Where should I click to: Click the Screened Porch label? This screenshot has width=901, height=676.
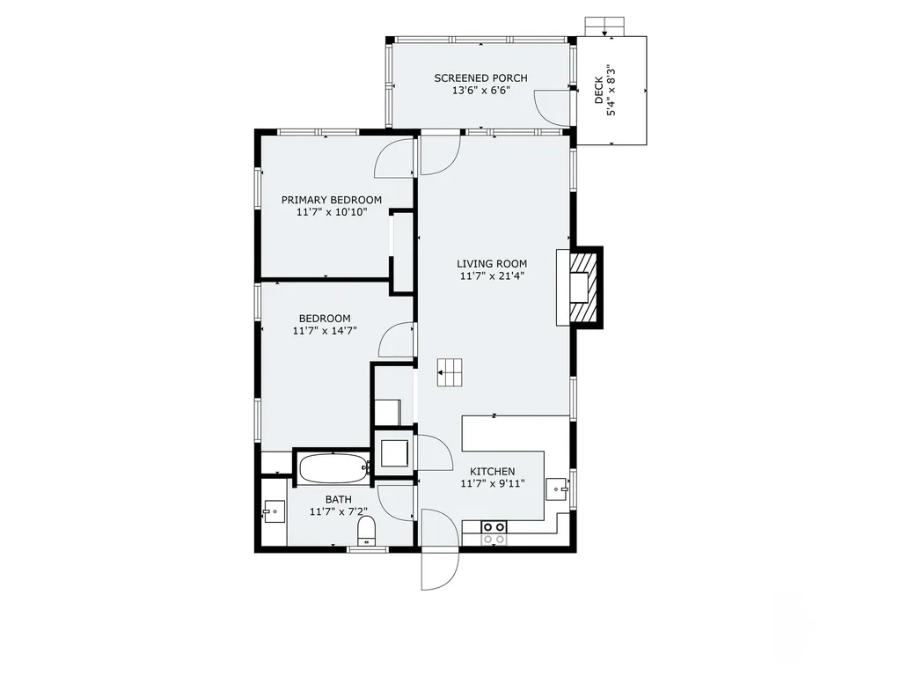[x=480, y=78]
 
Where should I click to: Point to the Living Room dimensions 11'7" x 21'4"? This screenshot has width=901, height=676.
[x=491, y=276]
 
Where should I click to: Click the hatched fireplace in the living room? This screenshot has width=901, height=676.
[x=582, y=287]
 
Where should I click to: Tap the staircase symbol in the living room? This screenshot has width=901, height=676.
[x=450, y=372]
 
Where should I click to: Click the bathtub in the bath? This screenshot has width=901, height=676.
[x=333, y=467]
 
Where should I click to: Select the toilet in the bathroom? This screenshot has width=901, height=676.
[x=366, y=531]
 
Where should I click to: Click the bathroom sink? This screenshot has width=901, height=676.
[x=273, y=511]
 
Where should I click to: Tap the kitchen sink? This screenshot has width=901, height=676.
[x=557, y=487]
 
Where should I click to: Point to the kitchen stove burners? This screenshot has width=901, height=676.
[x=494, y=532]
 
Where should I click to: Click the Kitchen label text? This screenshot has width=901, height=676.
[x=492, y=472]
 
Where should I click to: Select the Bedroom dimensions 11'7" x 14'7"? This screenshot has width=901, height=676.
[x=325, y=331]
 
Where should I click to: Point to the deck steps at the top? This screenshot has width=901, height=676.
[x=604, y=26]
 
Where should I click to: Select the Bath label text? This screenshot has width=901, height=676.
[x=339, y=499]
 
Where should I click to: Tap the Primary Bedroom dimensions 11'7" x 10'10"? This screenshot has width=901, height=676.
[x=332, y=212]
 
